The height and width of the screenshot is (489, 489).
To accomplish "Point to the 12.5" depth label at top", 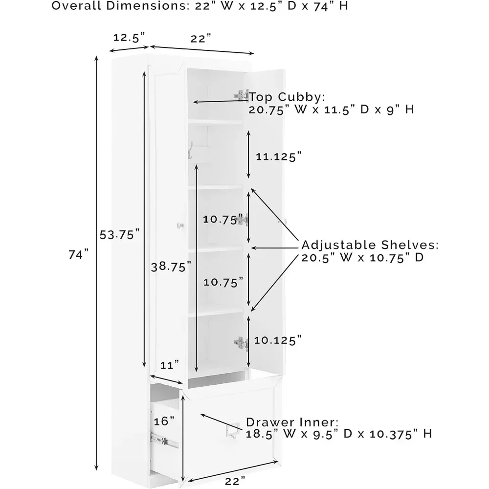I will click(130, 37).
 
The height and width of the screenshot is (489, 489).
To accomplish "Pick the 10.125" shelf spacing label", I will click(278, 340).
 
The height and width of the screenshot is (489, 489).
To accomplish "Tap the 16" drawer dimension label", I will click(164, 421).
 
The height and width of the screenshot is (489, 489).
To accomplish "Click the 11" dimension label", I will click(170, 364).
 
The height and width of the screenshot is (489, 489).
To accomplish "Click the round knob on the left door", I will click(180, 225).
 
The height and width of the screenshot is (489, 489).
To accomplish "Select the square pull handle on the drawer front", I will click(229, 430).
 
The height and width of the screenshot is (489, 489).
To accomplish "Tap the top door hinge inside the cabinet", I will click(241, 95).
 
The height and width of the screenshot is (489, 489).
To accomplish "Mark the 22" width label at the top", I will click(200, 39).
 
